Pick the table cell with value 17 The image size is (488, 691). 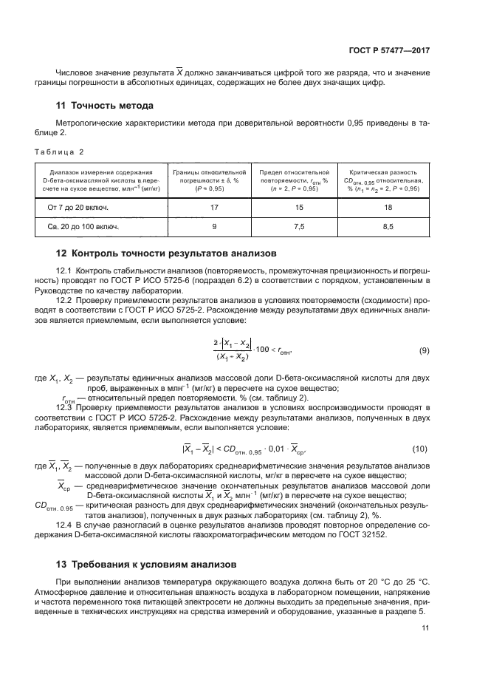[x=214, y=208]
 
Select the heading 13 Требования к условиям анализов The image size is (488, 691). [x=145, y=563]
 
